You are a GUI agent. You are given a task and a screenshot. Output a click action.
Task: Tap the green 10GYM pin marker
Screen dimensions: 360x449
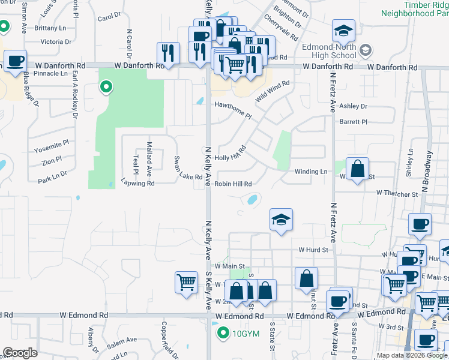(223, 332)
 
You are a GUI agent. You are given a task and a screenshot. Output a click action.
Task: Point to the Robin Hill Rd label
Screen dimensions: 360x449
(233, 184)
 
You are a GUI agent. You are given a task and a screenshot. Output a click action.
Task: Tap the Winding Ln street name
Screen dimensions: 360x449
(310, 172)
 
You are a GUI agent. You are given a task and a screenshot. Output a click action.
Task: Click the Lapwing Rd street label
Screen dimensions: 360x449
(137, 183)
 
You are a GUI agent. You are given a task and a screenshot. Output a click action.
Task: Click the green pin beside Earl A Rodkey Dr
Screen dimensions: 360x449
(106, 88)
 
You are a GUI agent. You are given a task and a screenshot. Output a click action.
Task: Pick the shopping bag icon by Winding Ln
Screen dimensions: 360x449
(357, 169)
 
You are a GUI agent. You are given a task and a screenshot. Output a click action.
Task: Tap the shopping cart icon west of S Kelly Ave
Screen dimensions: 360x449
(186, 282)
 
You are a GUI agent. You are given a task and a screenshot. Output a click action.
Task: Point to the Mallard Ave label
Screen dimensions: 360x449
(149, 155)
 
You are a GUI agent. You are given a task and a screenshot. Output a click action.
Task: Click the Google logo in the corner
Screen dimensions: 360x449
(20, 353)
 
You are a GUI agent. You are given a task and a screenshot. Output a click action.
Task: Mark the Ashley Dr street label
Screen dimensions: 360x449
(353, 106)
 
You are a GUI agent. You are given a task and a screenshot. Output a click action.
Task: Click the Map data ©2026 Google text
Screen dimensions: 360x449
(412, 355)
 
